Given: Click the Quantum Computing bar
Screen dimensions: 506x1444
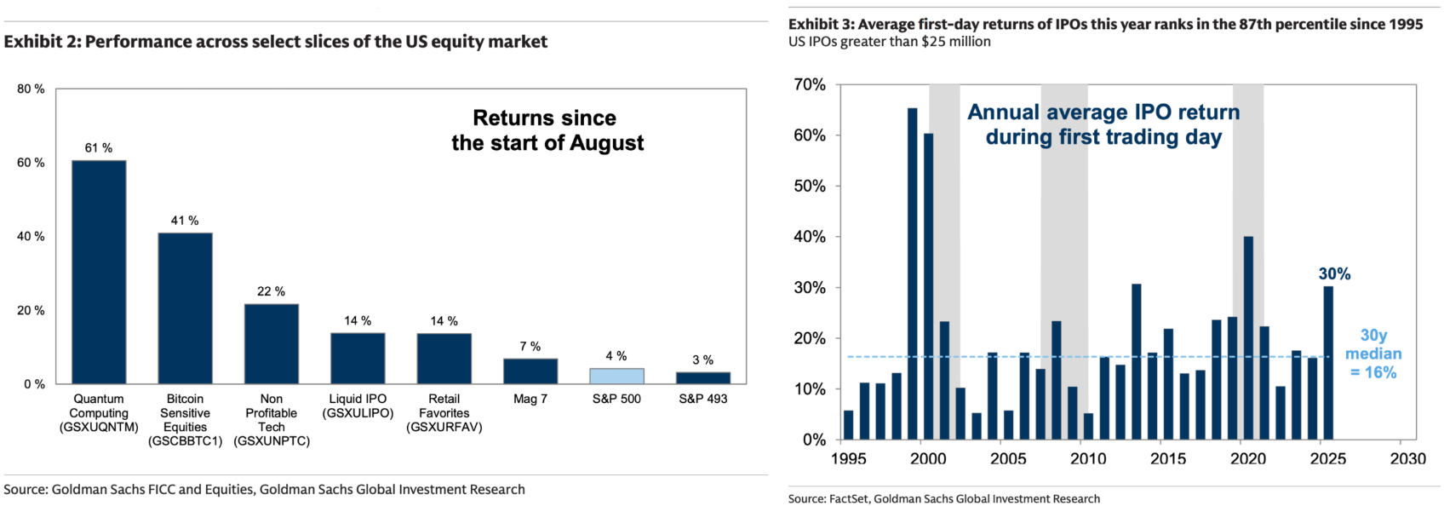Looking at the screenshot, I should point(99,272).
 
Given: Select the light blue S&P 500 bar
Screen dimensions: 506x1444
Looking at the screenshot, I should point(616,376).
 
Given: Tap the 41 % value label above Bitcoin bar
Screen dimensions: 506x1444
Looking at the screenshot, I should point(185,221).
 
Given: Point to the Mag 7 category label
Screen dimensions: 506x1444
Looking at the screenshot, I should point(530,399).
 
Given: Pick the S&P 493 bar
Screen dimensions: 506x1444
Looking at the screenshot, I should point(703,377).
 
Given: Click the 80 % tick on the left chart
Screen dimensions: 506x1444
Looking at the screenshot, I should point(31,89).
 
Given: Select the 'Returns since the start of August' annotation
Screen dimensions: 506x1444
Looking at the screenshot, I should point(547,130).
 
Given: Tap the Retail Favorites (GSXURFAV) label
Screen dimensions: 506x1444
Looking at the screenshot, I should point(444,413).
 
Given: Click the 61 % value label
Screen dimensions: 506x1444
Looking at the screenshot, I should point(99,148).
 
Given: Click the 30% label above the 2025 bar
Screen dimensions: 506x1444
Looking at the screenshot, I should point(1334,274).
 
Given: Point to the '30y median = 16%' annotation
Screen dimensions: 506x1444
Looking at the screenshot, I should point(1373,354).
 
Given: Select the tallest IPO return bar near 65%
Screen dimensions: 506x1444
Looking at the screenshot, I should point(912,273).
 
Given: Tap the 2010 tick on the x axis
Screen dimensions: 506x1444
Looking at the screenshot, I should point(1088,459).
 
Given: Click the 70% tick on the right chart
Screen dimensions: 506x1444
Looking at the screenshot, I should point(809,85).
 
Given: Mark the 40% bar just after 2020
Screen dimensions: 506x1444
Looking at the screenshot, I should point(1248,337).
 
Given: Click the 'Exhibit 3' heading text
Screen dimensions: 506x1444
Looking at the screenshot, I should point(1105,24).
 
